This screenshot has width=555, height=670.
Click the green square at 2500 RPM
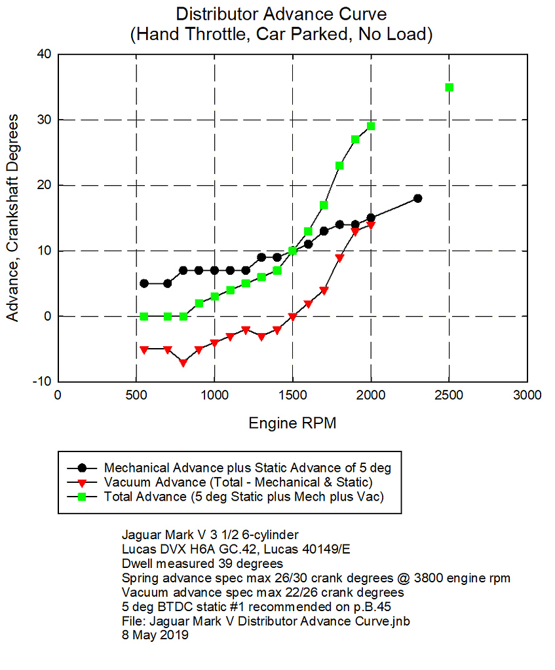(x=449, y=87)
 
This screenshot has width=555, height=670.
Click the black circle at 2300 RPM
(x=417, y=198)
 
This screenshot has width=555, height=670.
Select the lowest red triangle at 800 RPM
(x=183, y=362)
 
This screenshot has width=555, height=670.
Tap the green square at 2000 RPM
(x=371, y=126)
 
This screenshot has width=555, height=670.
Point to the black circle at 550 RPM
(x=144, y=283)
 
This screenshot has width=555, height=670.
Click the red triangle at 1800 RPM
(x=339, y=258)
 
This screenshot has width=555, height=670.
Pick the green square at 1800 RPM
(x=339, y=166)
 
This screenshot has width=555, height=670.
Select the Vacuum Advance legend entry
(x=238, y=482)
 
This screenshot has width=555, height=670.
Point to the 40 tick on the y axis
(x=44, y=54)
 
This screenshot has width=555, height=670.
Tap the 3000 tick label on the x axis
(x=527, y=395)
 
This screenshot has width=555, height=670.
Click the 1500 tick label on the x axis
(x=292, y=395)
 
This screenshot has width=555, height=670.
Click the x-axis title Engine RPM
(x=292, y=423)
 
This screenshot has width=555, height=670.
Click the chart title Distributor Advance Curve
(x=281, y=14)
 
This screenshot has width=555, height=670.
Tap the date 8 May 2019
(x=155, y=634)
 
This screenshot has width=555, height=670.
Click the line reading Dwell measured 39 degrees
(x=202, y=563)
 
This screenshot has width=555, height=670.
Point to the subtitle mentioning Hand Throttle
(x=281, y=35)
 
